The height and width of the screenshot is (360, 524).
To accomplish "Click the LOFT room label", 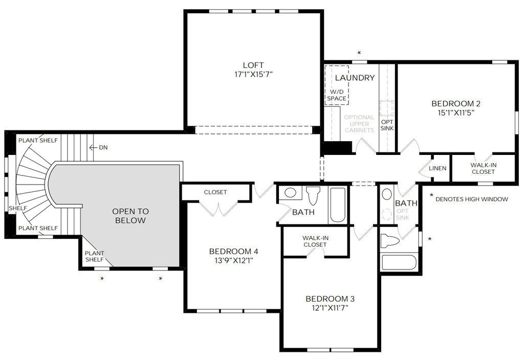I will point(253,65).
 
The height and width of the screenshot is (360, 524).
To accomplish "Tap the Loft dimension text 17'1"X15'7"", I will point(253,74).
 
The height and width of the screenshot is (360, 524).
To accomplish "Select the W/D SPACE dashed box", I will point(336,84).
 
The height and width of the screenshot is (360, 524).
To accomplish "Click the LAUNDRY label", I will point(355,78).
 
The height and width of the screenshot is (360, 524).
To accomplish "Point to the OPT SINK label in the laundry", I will point(387,124).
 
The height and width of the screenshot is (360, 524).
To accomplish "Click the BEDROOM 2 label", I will point(456,104).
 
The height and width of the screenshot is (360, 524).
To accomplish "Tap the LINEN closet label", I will point(438,168).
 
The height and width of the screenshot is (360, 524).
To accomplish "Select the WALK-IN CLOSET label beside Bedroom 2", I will point(483,168).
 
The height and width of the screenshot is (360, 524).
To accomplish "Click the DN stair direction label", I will point(103,148).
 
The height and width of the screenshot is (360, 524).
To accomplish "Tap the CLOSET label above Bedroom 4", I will point(215,192).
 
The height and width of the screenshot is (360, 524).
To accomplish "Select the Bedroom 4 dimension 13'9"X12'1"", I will point(233,260).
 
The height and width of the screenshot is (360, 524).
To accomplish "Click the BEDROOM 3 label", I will point(330,299).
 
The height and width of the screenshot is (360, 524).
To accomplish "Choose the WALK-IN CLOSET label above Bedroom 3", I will point(315,241).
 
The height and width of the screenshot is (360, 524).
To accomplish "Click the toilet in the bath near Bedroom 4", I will point(313,195).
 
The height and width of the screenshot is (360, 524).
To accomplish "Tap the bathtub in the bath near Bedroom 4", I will point(338,205).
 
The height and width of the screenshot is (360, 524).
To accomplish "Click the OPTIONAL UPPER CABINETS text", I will point(359,124).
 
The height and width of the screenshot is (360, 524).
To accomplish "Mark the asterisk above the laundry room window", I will point(359,53).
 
